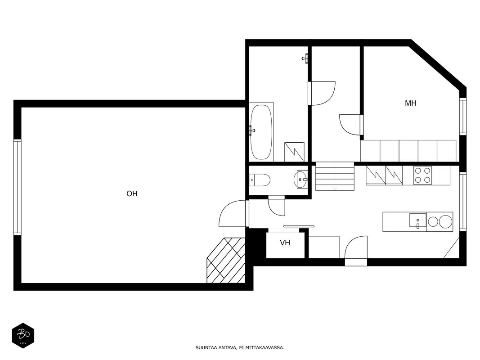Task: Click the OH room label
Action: point(132,194)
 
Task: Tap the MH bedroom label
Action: point(411,103)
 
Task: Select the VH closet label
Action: point(285,243)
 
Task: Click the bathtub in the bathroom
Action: point(261,132)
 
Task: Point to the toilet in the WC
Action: point(260,180)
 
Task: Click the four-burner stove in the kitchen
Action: point(422,175)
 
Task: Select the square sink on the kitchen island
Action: point(417,220)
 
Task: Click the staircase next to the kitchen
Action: point(335,176)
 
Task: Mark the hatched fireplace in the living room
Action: point(226,261)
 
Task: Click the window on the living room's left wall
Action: point(18,187)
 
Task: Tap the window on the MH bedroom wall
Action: point(463,117)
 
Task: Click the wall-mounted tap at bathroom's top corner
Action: point(305,58)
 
